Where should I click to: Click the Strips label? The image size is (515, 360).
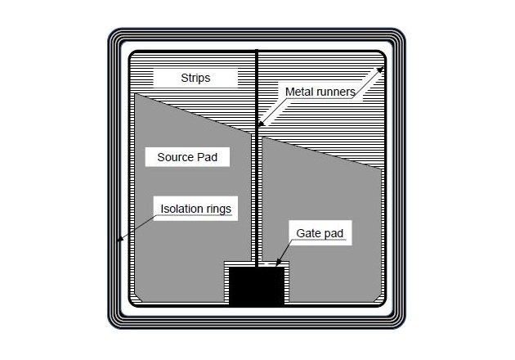tap(195, 79)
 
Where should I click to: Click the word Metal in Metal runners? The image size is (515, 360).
tap(300, 92)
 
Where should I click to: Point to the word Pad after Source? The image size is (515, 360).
tap(208, 156)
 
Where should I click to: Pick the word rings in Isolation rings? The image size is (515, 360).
tap(217, 209)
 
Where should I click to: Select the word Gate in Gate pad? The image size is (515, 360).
tap(309, 234)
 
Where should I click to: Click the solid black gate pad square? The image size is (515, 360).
tap(257, 286)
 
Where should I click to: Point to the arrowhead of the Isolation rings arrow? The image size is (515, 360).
tap(121, 240)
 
